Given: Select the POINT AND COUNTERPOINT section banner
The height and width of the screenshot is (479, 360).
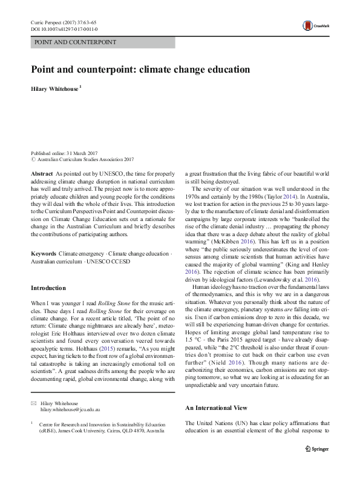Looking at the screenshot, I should [x=76, y=43].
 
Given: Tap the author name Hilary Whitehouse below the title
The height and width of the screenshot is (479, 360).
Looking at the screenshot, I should [x=55, y=88].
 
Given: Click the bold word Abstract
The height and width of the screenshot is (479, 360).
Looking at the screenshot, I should [x=42, y=173].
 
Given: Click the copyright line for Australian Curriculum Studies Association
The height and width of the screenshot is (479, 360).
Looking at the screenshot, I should [x=82, y=159].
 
